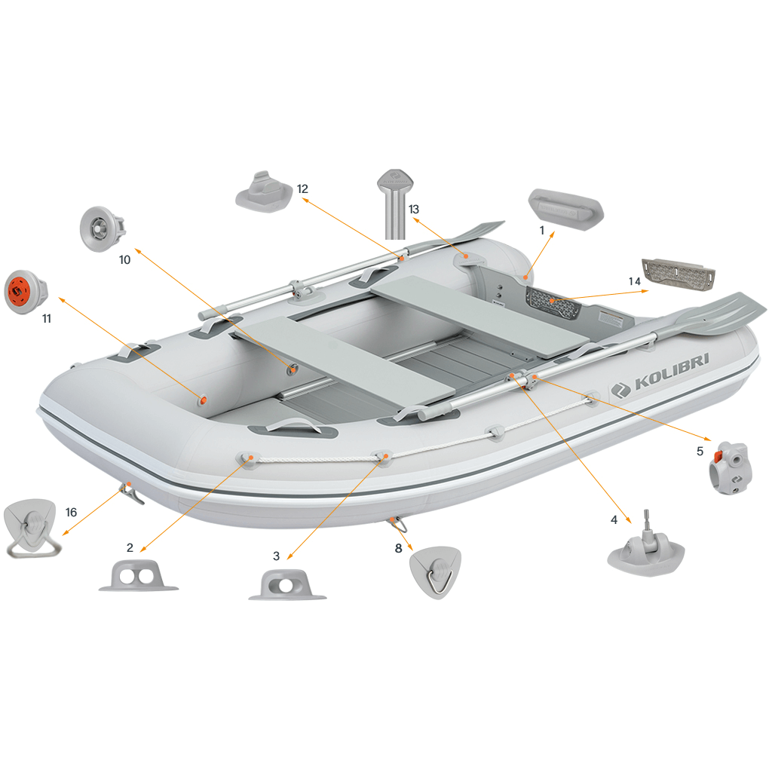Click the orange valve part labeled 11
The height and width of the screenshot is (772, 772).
(x=26, y=292)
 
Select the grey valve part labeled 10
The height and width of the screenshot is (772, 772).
(x=103, y=229)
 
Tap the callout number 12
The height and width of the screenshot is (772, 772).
(x=302, y=189)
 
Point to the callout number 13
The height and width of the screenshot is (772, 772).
(x=414, y=210)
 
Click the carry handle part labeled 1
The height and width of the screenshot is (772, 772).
(x=565, y=207)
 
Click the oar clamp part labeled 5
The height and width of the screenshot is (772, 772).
(x=731, y=467)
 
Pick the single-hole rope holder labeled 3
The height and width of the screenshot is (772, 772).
(x=287, y=585)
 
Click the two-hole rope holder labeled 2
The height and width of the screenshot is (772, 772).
(x=139, y=575)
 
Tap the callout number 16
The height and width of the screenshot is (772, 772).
(x=72, y=513)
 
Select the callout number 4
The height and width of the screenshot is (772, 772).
(x=614, y=520)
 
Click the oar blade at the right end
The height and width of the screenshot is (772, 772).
(x=721, y=314)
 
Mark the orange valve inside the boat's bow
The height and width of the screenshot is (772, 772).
(x=202, y=400)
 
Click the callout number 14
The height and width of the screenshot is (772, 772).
(x=634, y=282)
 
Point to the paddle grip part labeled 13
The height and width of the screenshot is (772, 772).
(x=395, y=204)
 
